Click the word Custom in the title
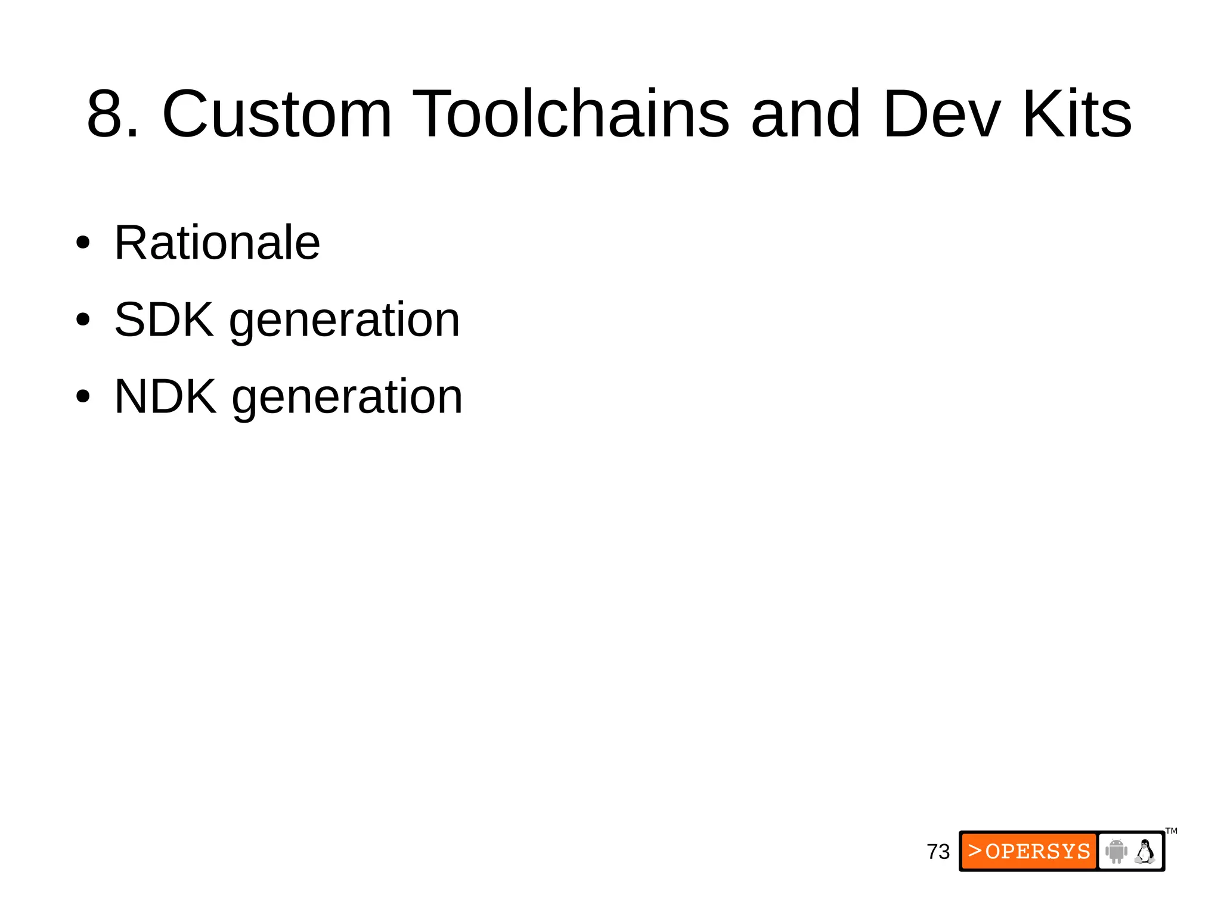pos(277,114)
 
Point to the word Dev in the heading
pos(942,114)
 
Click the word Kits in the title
pos(1077,114)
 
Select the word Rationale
pos(217,243)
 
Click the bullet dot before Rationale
pos(83,243)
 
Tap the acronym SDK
pos(164,320)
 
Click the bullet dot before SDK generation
pos(83,320)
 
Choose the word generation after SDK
pos(345,322)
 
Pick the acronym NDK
pos(165,396)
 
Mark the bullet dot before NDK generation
pos(83,397)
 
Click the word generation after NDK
pos(347,399)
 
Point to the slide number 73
pos(938,852)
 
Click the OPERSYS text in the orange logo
pos(1038,851)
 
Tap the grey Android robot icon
pos(1116,851)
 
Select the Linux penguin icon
pos(1145,851)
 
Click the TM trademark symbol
pos(1172,831)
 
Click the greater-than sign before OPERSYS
pos(975,851)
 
